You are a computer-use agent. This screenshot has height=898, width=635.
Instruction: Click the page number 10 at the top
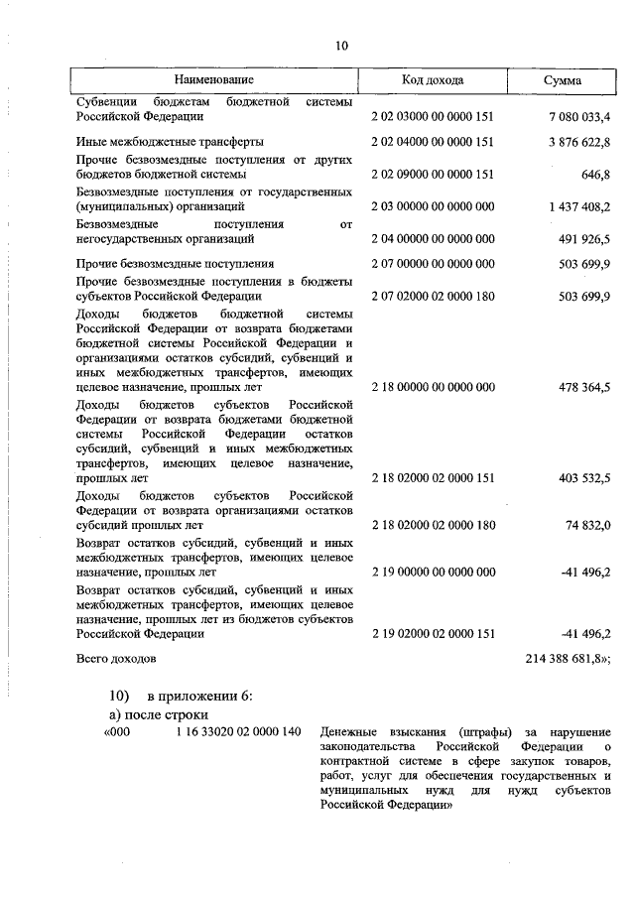[x=342, y=46]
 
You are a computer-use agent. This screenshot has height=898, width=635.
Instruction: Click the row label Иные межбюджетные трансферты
[x=170, y=142]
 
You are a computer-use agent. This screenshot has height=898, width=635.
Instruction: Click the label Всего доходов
[x=116, y=658]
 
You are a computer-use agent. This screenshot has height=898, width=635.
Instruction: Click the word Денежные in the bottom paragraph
[x=350, y=733]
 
